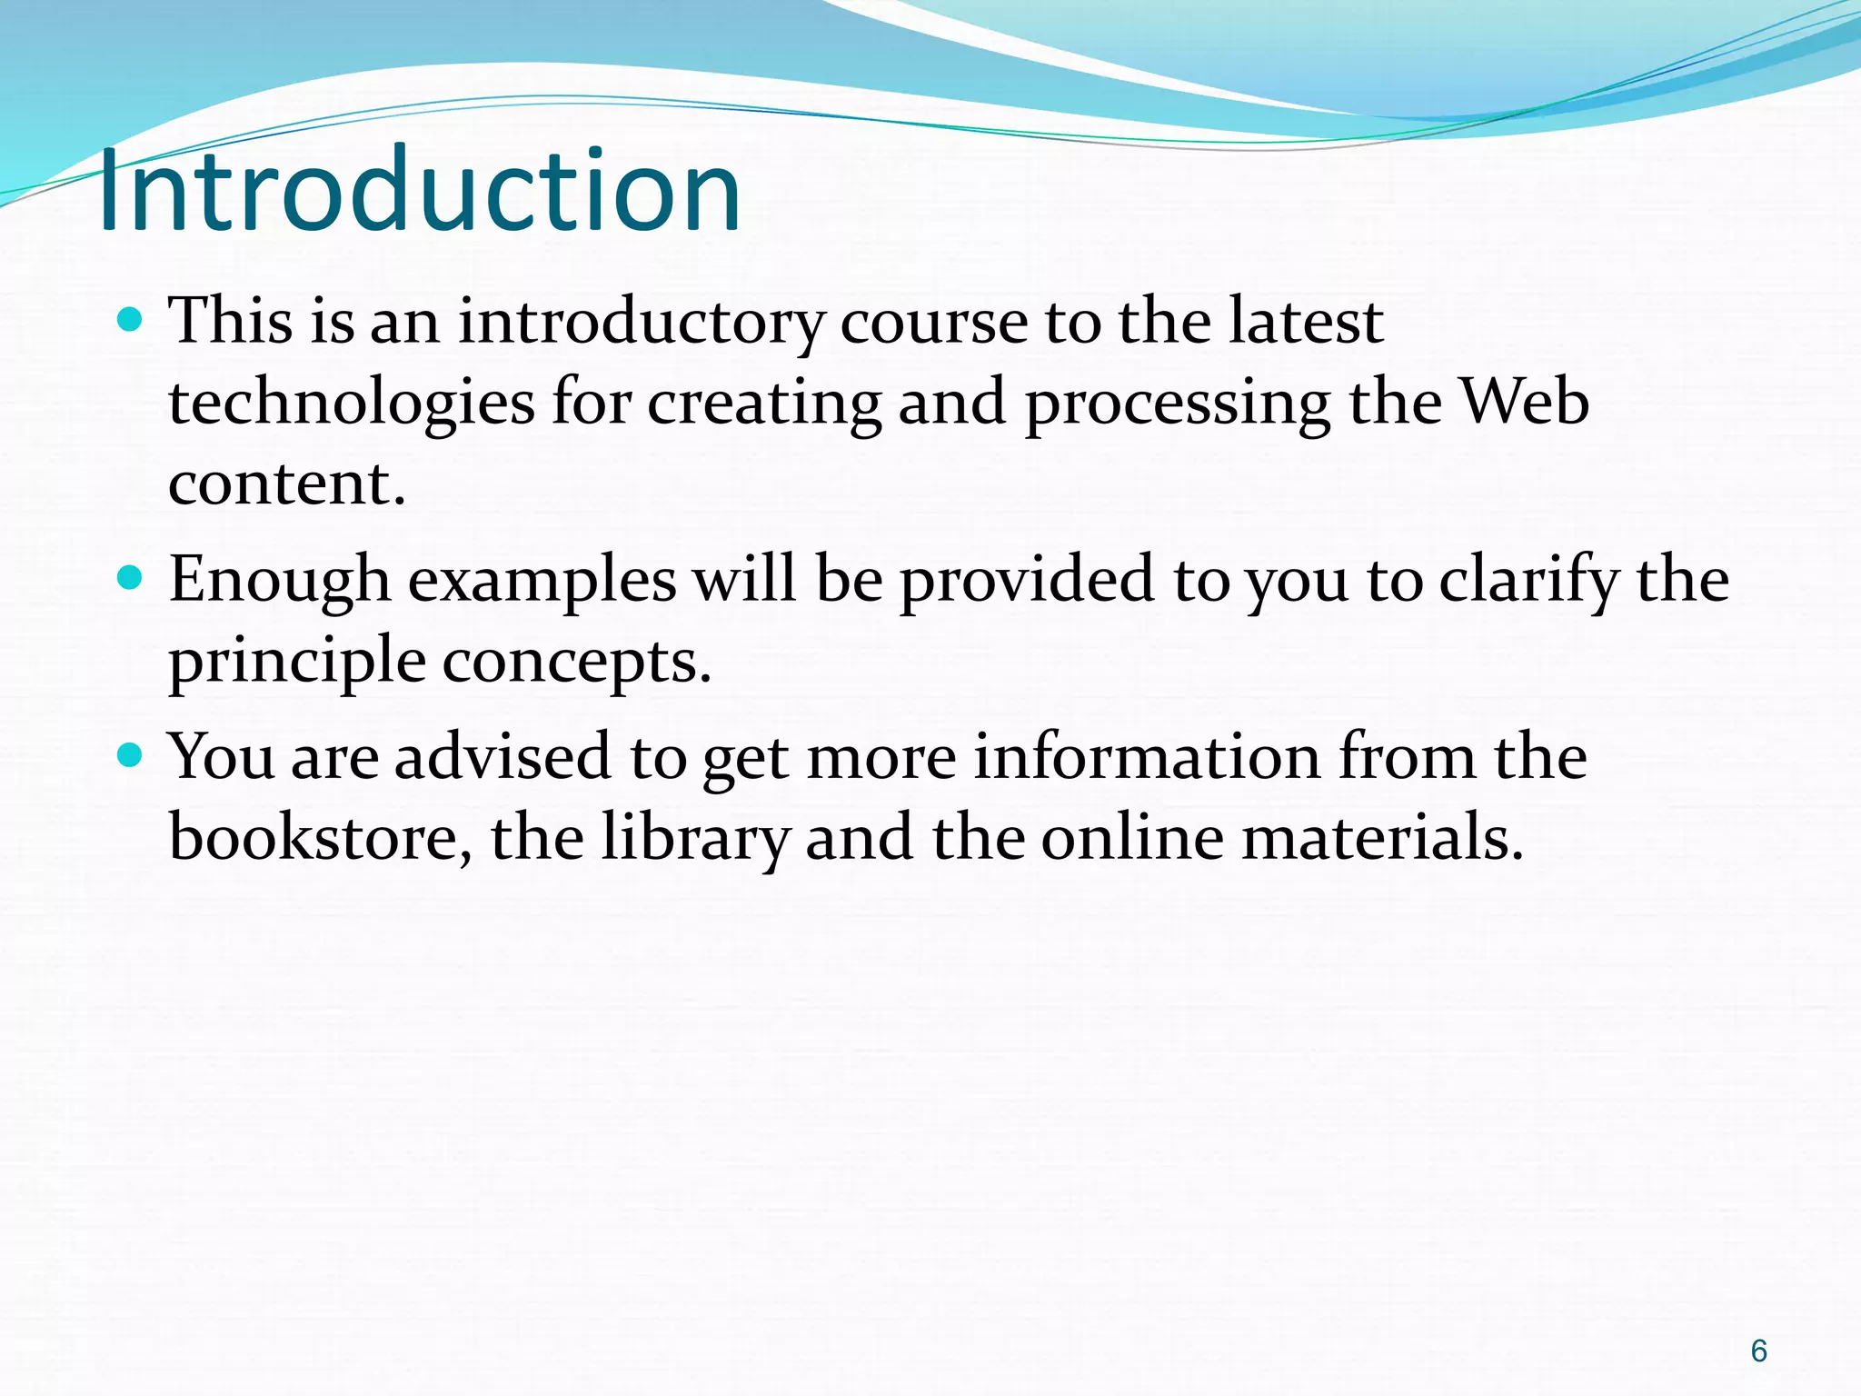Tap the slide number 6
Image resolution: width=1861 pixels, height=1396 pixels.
pos(1758,1351)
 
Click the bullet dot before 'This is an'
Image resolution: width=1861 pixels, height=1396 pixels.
pos(131,320)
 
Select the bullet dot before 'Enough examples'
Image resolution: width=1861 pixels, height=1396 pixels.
pos(131,578)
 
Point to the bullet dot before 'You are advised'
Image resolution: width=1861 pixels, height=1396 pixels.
pos(131,754)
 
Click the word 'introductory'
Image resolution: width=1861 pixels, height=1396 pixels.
pos(641,323)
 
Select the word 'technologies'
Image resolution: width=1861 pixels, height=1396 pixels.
pos(352,404)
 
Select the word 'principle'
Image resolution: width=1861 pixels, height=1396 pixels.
pos(297,662)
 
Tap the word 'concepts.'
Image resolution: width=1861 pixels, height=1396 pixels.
pos(577,662)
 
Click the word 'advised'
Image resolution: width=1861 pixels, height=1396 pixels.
pos(503,756)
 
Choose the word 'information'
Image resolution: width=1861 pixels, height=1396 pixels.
pos(1147,756)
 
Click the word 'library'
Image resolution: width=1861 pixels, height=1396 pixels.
pos(695,838)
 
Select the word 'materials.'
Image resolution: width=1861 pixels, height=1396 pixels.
pos(1382,838)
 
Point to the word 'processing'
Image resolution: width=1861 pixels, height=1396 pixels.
pos(1178,404)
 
